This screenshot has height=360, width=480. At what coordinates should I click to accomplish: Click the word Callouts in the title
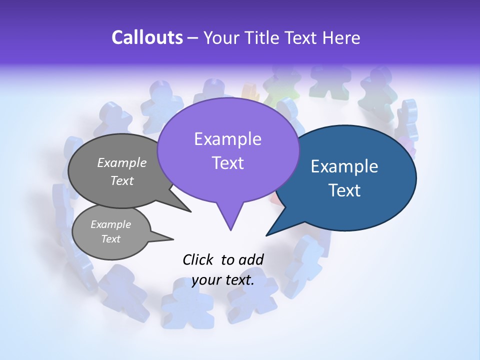[x=147, y=37]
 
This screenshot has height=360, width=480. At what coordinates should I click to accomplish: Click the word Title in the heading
[x=263, y=37]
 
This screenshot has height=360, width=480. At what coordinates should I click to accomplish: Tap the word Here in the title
[x=341, y=37]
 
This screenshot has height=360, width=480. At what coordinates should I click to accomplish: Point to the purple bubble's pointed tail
[x=230, y=222]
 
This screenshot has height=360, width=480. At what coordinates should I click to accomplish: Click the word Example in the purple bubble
[x=227, y=139]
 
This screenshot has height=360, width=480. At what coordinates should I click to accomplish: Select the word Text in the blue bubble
[x=345, y=190]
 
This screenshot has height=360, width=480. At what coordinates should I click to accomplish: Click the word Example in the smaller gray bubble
[x=110, y=224]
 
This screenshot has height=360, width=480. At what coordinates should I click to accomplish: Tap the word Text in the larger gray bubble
[x=122, y=180]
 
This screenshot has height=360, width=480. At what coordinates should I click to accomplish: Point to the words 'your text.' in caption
[x=223, y=280]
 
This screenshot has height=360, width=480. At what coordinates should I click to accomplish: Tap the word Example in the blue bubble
[x=344, y=166]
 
